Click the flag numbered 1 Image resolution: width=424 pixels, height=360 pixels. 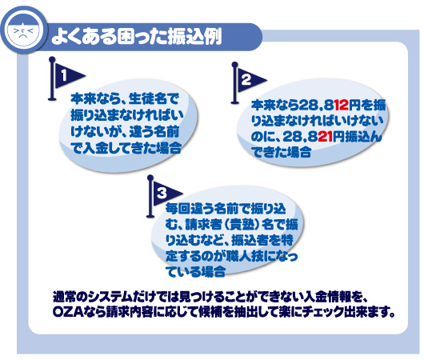(x=65, y=78)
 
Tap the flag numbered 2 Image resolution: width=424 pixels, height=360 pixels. (x=247, y=82)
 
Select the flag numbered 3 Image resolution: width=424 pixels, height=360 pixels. (x=163, y=196)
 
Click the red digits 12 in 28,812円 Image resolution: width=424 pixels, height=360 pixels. (x=342, y=106)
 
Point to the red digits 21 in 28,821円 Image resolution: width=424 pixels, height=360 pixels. (x=325, y=137)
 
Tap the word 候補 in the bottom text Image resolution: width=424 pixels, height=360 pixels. (x=212, y=312)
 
